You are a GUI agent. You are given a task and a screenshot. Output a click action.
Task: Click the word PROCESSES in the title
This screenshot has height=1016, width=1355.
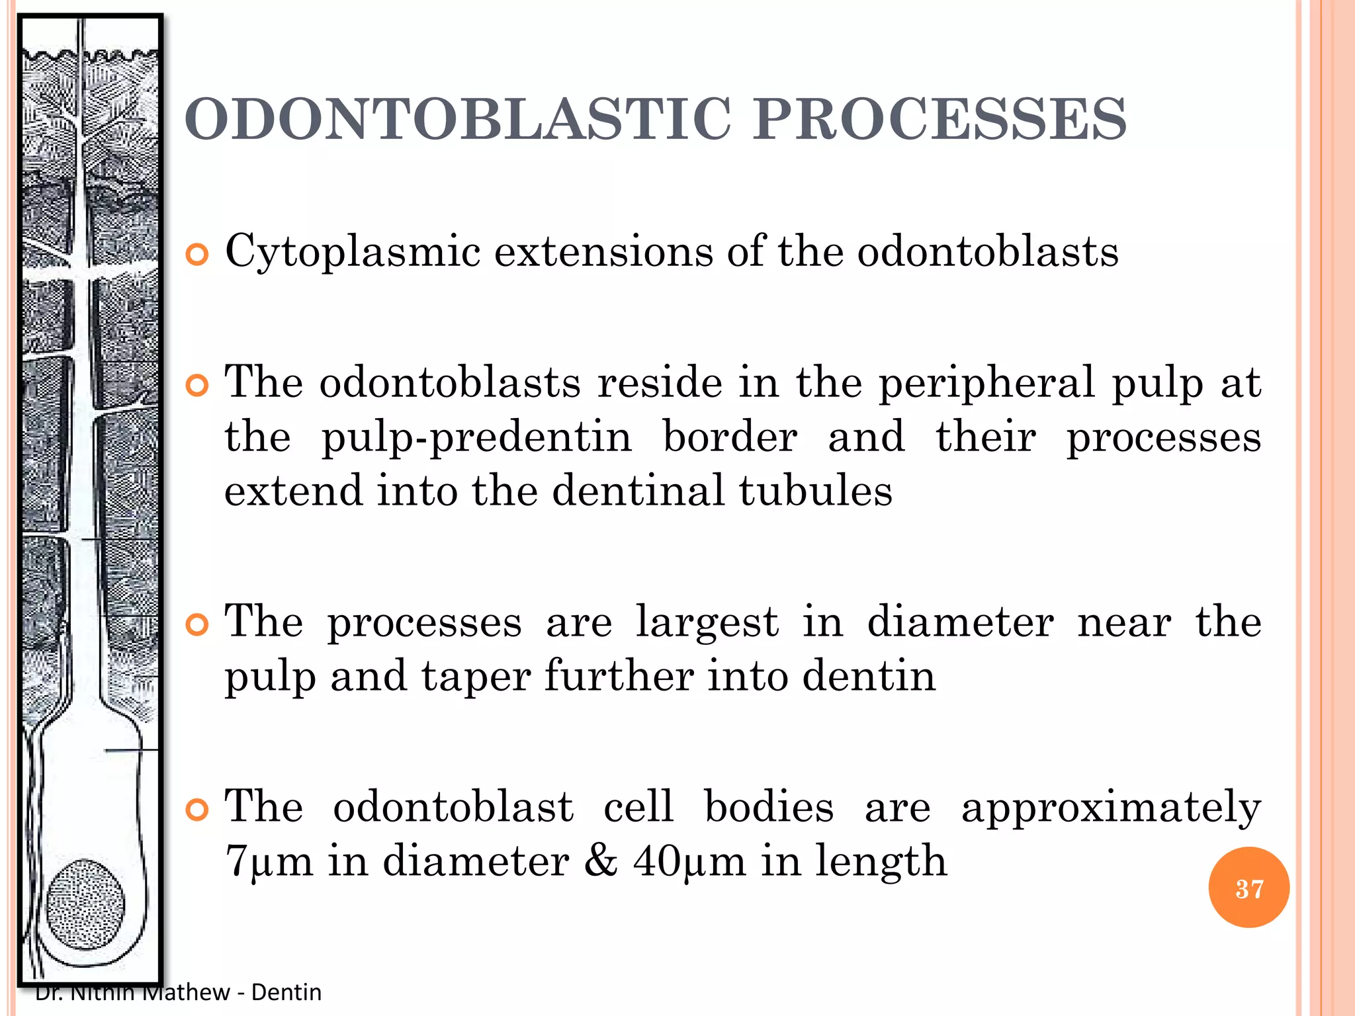[940, 119]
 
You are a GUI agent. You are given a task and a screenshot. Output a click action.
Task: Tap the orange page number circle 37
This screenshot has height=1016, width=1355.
[1248, 888]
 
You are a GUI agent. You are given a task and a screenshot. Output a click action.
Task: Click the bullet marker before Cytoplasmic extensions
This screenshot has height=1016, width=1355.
[197, 254]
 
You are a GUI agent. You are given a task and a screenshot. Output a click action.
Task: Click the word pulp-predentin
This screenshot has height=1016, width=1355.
[476, 439]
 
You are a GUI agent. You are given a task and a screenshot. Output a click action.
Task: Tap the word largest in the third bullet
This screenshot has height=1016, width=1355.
[707, 624]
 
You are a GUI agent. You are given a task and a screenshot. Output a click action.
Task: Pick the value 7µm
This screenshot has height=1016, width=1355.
[269, 861]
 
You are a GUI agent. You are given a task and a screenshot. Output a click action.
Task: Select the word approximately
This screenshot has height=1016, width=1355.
[1111, 808]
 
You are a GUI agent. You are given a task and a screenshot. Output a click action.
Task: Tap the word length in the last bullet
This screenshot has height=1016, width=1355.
[881, 861]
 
